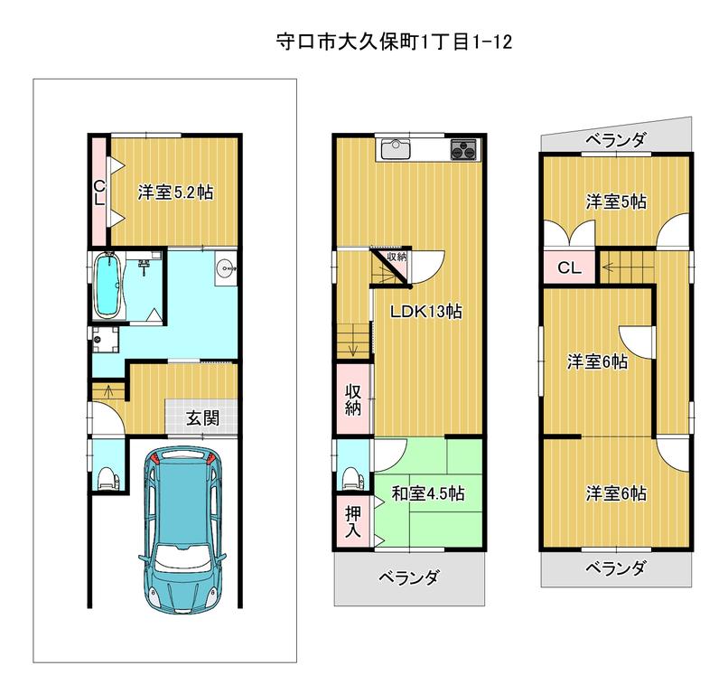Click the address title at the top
tap(394, 42)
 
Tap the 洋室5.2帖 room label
tap(175, 192)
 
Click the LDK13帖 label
tap(425, 311)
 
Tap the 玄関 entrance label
tap(203, 418)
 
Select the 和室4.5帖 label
tap(427, 493)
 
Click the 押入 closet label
tap(353, 521)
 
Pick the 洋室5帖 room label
tap(616, 202)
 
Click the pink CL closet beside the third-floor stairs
tap(569, 267)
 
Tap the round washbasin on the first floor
tap(226, 268)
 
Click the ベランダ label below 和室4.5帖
tap(408, 577)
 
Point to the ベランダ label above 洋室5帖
tap(615, 139)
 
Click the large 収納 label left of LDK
tap(353, 399)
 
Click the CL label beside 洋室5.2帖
tap(99, 192)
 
